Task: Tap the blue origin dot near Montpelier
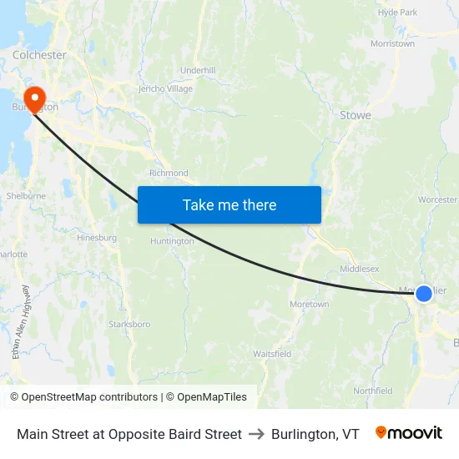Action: click(x=424, y=294)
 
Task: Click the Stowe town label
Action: click(x=356, y=115)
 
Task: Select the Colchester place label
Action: click(x=39, y=55)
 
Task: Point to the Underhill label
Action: click(x=198, y=71)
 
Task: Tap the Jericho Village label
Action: click(x=165, y=89)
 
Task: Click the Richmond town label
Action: click(x=169, y=174)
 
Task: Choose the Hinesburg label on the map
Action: click(x=97, y=238)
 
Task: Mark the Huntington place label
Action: click(x=172, y=241)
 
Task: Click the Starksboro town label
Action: click(x=129, y=324)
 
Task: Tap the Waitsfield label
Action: click(x=272, y=355)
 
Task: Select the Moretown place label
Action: click(x=309, y=305)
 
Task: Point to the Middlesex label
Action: click(x=360, y=269)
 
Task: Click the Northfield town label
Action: click(x=373, y=391)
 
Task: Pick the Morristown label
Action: click(x=392, y=43)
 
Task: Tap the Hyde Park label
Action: click(x=397, y=13)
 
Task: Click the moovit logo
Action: click(x=409, y=433)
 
